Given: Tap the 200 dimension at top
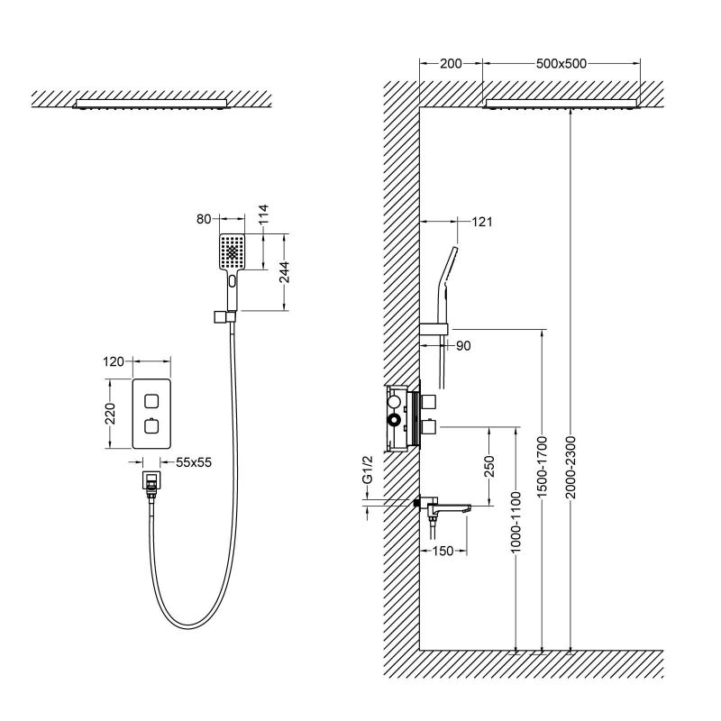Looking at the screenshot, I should (x=450, y=64).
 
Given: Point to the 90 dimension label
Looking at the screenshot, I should (x=461, y=344).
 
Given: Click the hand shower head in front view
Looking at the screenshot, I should (x=233, y=252).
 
